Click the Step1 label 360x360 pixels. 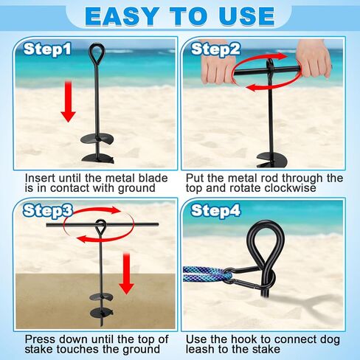47,49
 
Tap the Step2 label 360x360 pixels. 215,49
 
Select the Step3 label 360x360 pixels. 48,211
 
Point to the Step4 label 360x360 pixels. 215,211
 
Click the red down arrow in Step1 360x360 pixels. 68,102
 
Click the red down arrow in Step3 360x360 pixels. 126,273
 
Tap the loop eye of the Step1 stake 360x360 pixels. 97,54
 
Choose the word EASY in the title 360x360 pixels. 121,16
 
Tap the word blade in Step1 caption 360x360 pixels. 153,178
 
